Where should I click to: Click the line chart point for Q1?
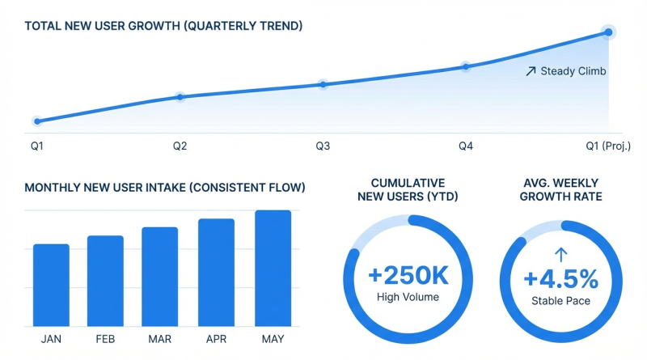[37, 121]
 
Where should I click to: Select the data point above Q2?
[180, 97]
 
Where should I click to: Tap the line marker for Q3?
[323, 84]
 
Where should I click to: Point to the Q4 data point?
[466, 66]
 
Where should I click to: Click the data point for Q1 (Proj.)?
[608, 32]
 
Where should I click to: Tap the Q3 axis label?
[323, 146]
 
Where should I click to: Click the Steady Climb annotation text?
[573, 71]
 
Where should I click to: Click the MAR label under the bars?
[159, 339]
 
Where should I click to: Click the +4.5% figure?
[561, 279]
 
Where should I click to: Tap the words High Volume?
[408, 298]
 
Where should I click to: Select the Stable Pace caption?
[561, 302]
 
